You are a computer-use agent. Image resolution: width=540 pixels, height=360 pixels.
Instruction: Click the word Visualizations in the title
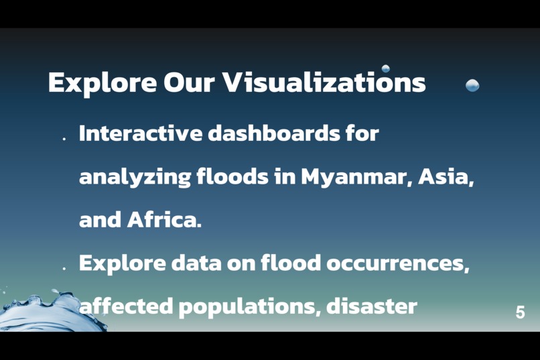[324, 83]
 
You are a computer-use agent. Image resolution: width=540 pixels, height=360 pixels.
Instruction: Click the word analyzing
[134, 178]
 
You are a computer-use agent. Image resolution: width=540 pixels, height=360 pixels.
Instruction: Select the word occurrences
[397, 263]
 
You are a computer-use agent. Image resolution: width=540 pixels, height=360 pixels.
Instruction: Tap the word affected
[126, 307]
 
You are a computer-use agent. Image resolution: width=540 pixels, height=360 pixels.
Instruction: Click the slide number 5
[520, 312]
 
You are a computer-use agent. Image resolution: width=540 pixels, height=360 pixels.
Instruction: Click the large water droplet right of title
[472, 85]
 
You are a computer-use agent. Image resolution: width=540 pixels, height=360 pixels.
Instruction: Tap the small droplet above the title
[386, 68]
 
